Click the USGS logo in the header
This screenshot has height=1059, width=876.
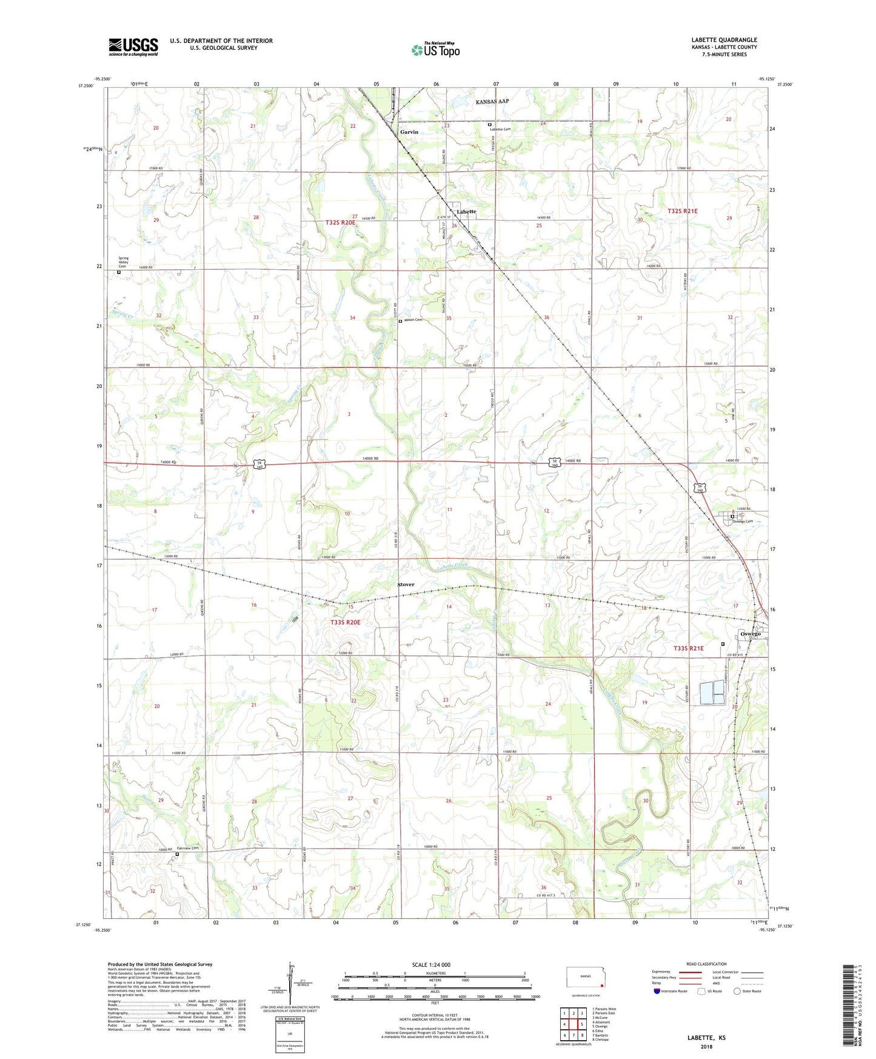(x=133, y=46)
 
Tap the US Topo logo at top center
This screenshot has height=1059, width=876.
(x=435, y=50)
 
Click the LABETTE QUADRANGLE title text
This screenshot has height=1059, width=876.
(x=724, y=40)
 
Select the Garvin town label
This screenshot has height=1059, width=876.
(x=409, y=132)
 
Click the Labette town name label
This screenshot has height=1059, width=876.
(x=466, y=212)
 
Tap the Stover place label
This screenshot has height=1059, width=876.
(x=406, y=585)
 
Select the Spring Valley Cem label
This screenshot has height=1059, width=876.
(x=123, y=262)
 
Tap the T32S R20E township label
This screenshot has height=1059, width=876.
(x=339, y=223)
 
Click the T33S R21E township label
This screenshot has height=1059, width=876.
(x=689, y=648)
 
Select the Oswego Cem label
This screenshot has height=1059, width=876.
(x=743, y=522)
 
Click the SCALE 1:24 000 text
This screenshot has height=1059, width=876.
(x=431, y=965)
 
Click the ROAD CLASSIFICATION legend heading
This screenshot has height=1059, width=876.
(x=706, y=964)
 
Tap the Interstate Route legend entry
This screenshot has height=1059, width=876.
(x=671, y=991)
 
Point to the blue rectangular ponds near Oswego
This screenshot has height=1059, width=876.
(x=712, y=693)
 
